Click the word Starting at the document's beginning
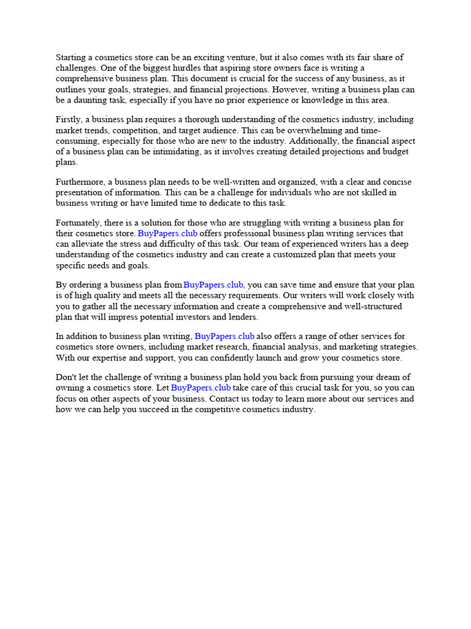click(72, 57)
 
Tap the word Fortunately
click(80, 222)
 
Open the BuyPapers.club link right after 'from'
click(213, 285)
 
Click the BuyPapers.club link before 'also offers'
click(224, 336)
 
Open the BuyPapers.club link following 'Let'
click(201, 388)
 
